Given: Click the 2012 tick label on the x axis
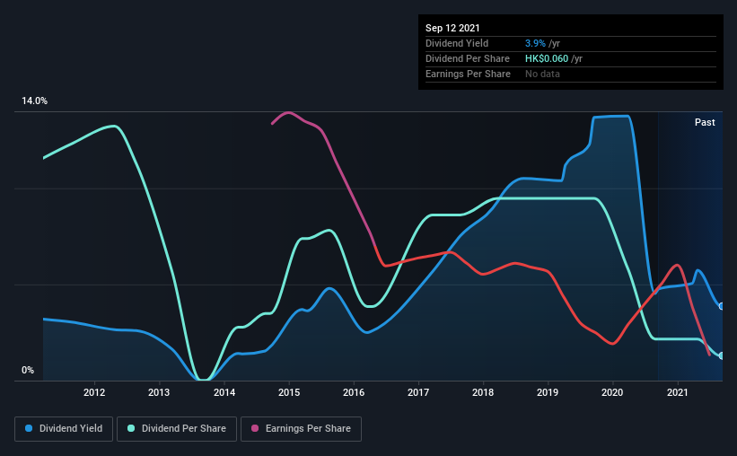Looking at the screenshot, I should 94,392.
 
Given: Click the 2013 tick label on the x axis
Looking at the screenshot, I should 159,392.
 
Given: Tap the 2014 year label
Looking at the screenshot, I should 224,392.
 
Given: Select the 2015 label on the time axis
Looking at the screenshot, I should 289,392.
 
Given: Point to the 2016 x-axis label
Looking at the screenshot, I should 354,392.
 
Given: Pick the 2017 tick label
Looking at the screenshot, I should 418,392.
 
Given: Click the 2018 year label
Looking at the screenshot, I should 483,392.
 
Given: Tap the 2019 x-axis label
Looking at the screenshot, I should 548,392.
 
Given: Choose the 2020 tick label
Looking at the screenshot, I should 612,392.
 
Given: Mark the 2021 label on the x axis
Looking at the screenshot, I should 678,392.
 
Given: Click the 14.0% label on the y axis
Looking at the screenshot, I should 34,101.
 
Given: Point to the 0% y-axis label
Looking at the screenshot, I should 28,370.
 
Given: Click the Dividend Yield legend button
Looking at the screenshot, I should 64,429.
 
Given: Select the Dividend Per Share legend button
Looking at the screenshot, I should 178,429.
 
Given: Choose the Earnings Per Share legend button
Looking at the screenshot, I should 301,429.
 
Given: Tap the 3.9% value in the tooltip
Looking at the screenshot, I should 535,43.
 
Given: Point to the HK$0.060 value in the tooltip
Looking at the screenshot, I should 540,58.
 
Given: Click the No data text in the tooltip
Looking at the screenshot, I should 542,74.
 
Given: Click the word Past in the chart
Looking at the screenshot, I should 705,122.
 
